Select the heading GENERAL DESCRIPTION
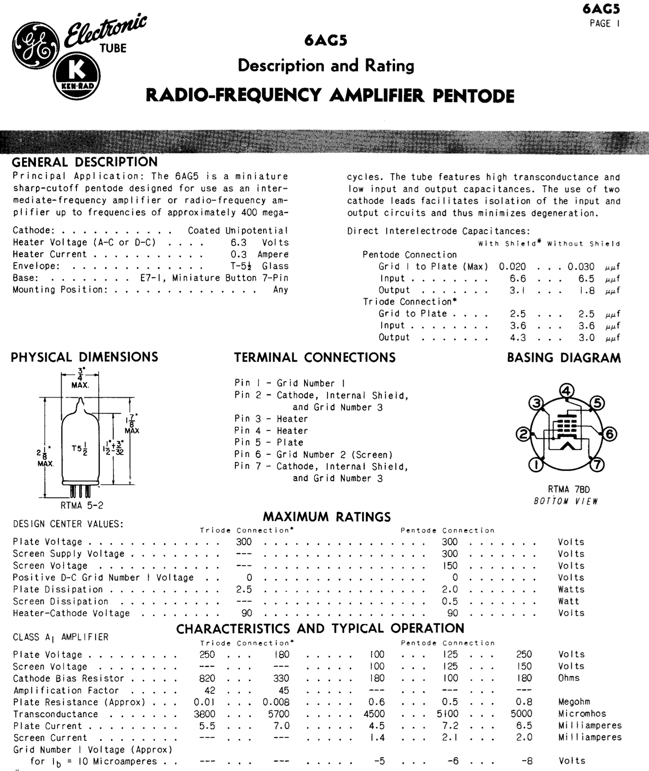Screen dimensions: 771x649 (x=84, y=162)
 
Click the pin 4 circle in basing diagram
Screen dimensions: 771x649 (x=566, y=391)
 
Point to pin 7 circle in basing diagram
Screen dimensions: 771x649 (x=597, y=464)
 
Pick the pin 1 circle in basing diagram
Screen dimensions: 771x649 (x=536, y=465)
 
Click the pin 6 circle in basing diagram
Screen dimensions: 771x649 (x=609, y=434)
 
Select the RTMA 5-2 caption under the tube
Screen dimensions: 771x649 (x=82, y=505)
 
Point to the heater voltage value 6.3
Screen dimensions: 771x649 (x=238, y=242)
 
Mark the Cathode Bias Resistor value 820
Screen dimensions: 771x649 (x=207, y=678)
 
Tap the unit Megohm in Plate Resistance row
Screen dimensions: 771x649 (x=574, y=702)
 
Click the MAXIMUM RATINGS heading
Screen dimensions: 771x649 (x=327, y=517)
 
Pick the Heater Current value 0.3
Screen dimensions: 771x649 (x=238, y=254)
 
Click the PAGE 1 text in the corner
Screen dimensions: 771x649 (x=605, y=23)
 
